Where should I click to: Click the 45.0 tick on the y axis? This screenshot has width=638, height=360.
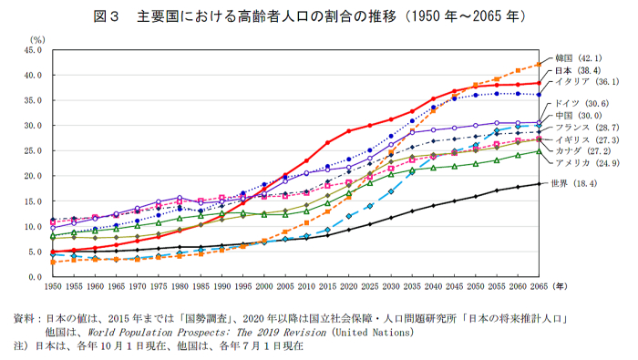[34, 51]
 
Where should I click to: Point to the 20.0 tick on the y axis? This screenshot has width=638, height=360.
[34, 176]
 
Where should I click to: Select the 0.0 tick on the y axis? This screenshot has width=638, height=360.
[36, 276]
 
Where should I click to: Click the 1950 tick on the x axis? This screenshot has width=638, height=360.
[54, 286]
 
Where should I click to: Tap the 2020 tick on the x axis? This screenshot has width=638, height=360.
[348, 286]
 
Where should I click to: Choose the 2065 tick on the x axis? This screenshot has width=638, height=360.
[538, 286]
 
